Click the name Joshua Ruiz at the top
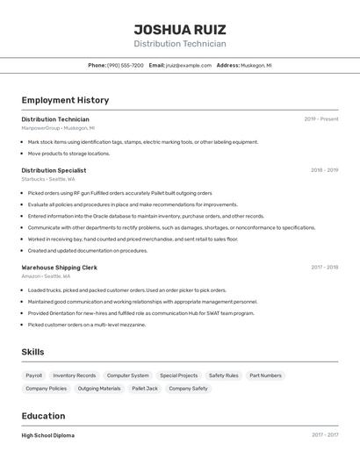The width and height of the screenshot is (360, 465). pyautogui.click(x=180, y=29)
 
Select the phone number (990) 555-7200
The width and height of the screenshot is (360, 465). pyautogui.click(x=126, y=65)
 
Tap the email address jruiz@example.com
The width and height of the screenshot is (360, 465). pyautogui.click(x=189, y=65)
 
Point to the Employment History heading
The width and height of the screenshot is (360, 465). pyautogui.click(x=65, y=100)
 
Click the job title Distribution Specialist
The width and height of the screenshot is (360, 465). pyautogui.click(x=54, y=170)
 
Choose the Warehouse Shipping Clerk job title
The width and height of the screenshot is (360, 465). pyautogui.click(x=59, y=267)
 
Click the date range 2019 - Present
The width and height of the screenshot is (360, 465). pyautogui.click(x=321, y=118)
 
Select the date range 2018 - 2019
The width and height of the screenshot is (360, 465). pyautogui.click(x=324, y=170)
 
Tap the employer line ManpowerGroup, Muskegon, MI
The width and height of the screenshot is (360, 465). pyautogui.click(x=58, y=128)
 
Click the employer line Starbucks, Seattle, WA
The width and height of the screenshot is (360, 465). pyautogui.click(x=48, y=179)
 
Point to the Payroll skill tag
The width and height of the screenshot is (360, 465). pyautogui.click(x=34, y=376)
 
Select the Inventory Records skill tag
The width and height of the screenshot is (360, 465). pyautogui.click(x=75, y=376)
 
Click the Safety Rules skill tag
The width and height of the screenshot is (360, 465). pyautogui.click(x=223, y=376)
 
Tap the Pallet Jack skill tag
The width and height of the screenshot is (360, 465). pyautogui.click(x=145, y=388)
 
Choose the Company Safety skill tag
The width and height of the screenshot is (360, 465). pyautogui.click(x=188, y=388)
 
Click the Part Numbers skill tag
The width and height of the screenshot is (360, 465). pyautogui.click(x=265, y=376)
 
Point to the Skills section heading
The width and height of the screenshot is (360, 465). pyautogui.click(x=33, y=352)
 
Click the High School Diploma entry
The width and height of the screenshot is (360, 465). pyautogui.click(x=47, y=435)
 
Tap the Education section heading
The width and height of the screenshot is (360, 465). pyautogui.click(x=43, y=416)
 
